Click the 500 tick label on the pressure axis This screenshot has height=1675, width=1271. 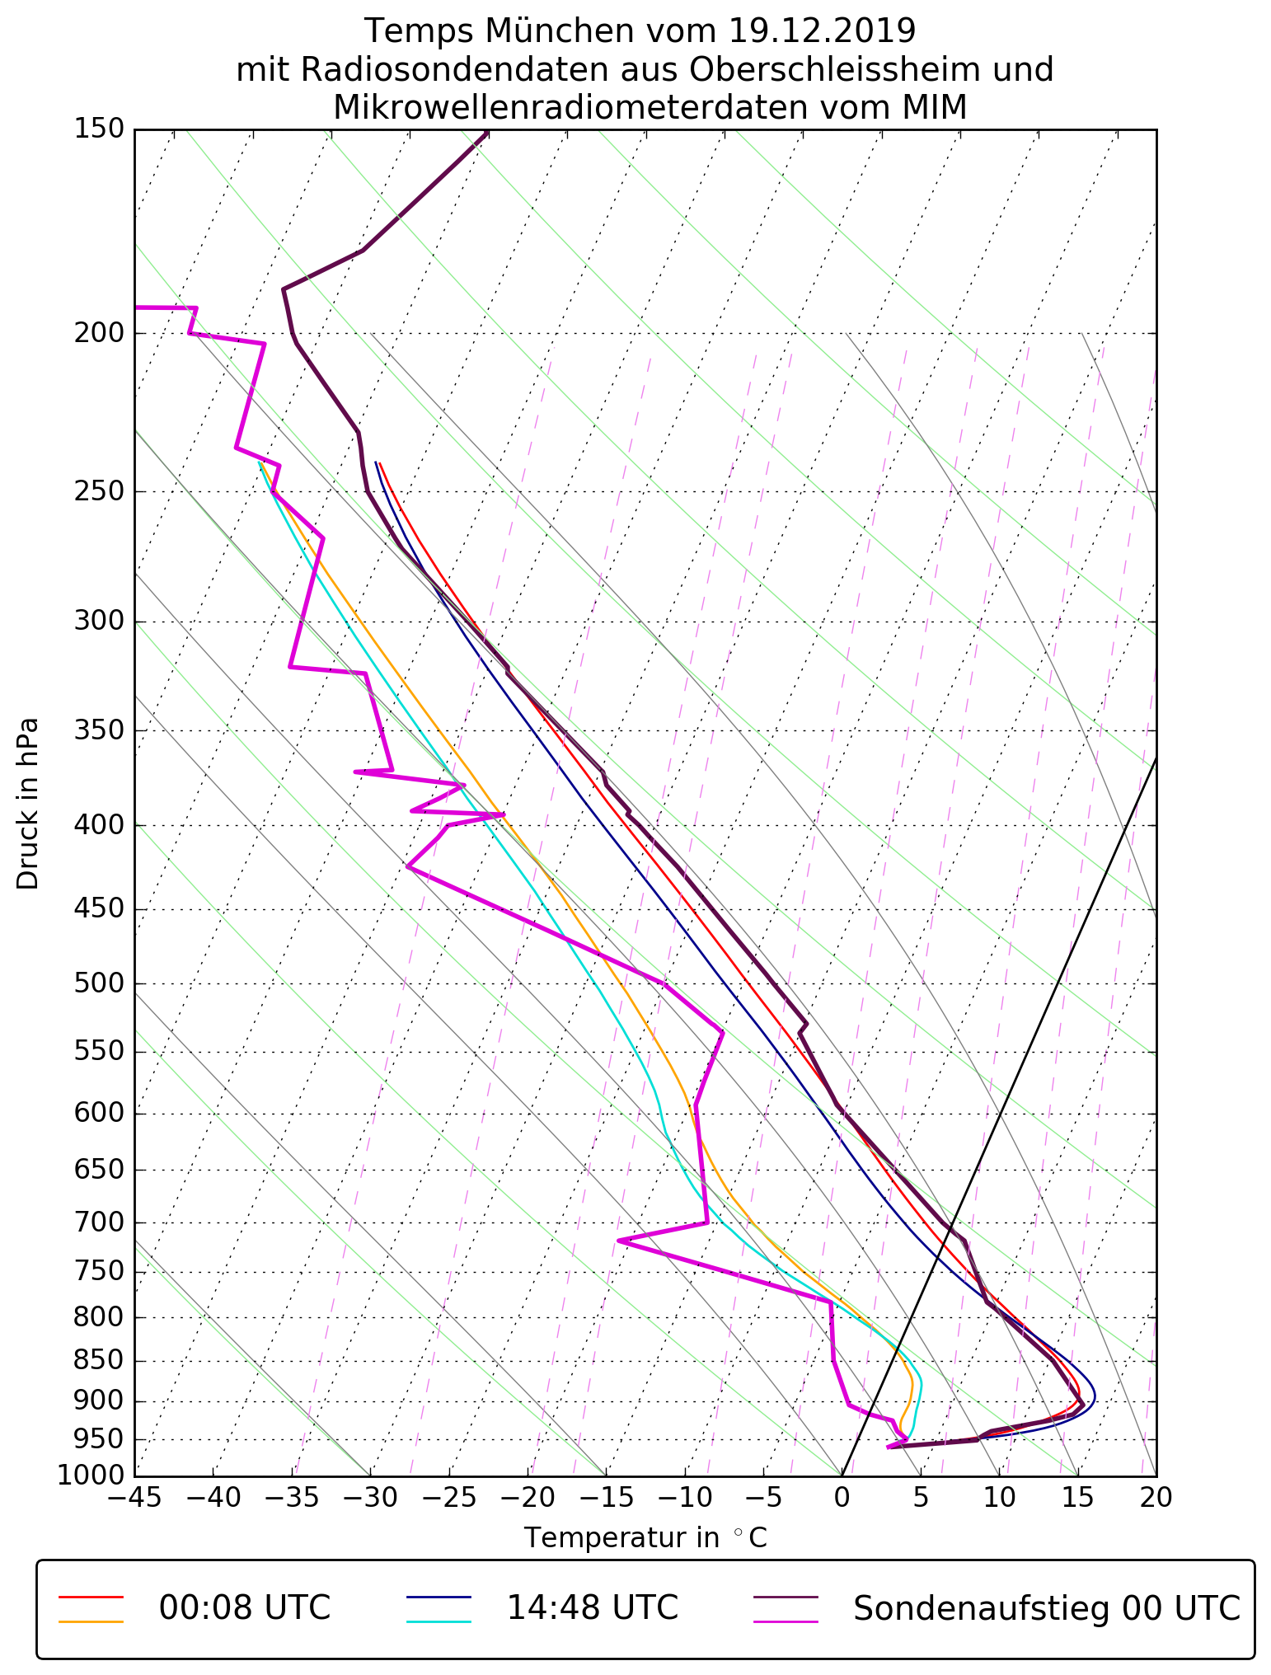[98, 983]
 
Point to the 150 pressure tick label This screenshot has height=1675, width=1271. [98, 129]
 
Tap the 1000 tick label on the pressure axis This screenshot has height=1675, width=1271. [91, 1475]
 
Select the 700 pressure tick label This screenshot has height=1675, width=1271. [98, 1222]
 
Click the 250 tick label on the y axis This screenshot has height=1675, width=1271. [98, 491]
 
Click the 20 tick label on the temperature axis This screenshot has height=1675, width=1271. [1156, 1498]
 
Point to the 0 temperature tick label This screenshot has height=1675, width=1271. [842, 1498]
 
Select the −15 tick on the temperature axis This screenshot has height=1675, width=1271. [605, 1498]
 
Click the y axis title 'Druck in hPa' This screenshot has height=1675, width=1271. [28, 804]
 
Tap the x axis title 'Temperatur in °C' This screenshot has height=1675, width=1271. [645, 1538]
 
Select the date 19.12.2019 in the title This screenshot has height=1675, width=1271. [823, 31]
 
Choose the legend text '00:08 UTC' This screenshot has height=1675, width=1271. [245, 1607]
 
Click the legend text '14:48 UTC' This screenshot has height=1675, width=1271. [592, 1607]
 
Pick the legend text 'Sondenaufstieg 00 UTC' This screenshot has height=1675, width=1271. [1046, 1607]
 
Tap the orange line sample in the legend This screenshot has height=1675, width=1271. [91, 1621]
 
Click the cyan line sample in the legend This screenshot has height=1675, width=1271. [438, 1621]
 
